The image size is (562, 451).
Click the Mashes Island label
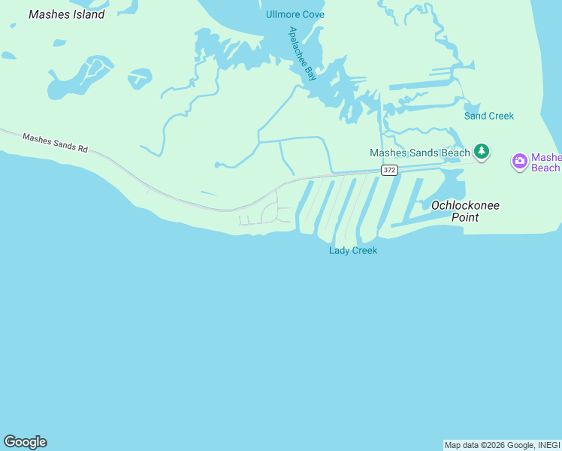[66, 14]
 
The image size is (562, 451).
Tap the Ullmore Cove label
[295, 15]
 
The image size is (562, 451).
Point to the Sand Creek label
[489, 116]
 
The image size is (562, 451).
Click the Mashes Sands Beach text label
[419, 153]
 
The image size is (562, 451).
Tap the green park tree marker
[482, 152]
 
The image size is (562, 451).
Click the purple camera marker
[519, 161]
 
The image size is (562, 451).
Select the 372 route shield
[388, 171]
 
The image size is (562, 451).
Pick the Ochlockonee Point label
[466, 211]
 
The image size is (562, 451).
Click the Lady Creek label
[353, 250]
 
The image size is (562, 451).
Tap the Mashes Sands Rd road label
[55, 143]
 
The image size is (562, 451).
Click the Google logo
[25, 442]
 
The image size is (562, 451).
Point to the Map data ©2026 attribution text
[478, 445]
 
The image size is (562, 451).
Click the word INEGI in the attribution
[548, 445]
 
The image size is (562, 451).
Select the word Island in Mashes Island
[86, 14]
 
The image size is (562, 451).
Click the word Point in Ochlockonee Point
[466, 217]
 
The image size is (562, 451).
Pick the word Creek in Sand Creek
[501, 116]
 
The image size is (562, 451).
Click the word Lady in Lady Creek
[340, 250]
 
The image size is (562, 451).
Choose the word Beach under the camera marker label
[545, 168]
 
